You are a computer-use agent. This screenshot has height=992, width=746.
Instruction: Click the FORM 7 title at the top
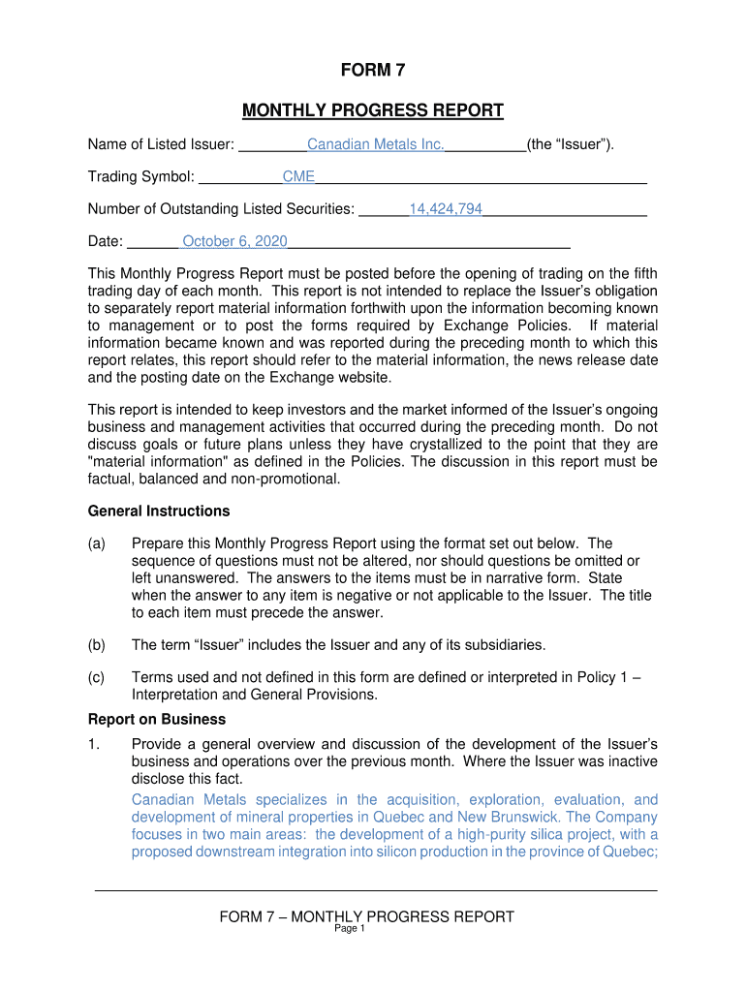click(372, 70)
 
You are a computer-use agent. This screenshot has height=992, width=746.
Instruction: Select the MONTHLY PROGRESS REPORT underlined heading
click(372, 110)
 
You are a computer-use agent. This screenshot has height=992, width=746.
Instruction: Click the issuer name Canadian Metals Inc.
click(375, 145)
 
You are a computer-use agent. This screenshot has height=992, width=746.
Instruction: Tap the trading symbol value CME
click(298, 177)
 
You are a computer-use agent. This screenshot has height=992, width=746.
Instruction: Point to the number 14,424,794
click(446, 209)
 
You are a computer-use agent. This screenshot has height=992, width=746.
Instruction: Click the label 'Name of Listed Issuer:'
click(161, 145)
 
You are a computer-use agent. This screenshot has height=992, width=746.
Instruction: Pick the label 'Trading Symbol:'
click(141, 177)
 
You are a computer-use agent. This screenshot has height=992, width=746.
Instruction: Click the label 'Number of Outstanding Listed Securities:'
click(221, 209)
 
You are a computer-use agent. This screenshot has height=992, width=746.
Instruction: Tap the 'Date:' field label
click(106, 241)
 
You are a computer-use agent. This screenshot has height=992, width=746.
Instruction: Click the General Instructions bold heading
click(159, 511)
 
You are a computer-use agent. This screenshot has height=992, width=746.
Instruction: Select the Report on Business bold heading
click(157, 720)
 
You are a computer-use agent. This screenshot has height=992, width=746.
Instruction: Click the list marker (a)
click(97, 543)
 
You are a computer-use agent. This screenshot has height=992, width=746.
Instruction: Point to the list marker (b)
click(97, 645)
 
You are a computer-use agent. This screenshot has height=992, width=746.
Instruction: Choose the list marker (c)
click(97, 678)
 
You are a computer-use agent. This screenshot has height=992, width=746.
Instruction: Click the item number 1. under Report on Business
click(94, 744)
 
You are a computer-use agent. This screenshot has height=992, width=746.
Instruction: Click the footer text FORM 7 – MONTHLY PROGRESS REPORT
click(366, 916)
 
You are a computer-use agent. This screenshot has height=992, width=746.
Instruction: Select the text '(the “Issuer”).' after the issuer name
click(571, 145)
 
